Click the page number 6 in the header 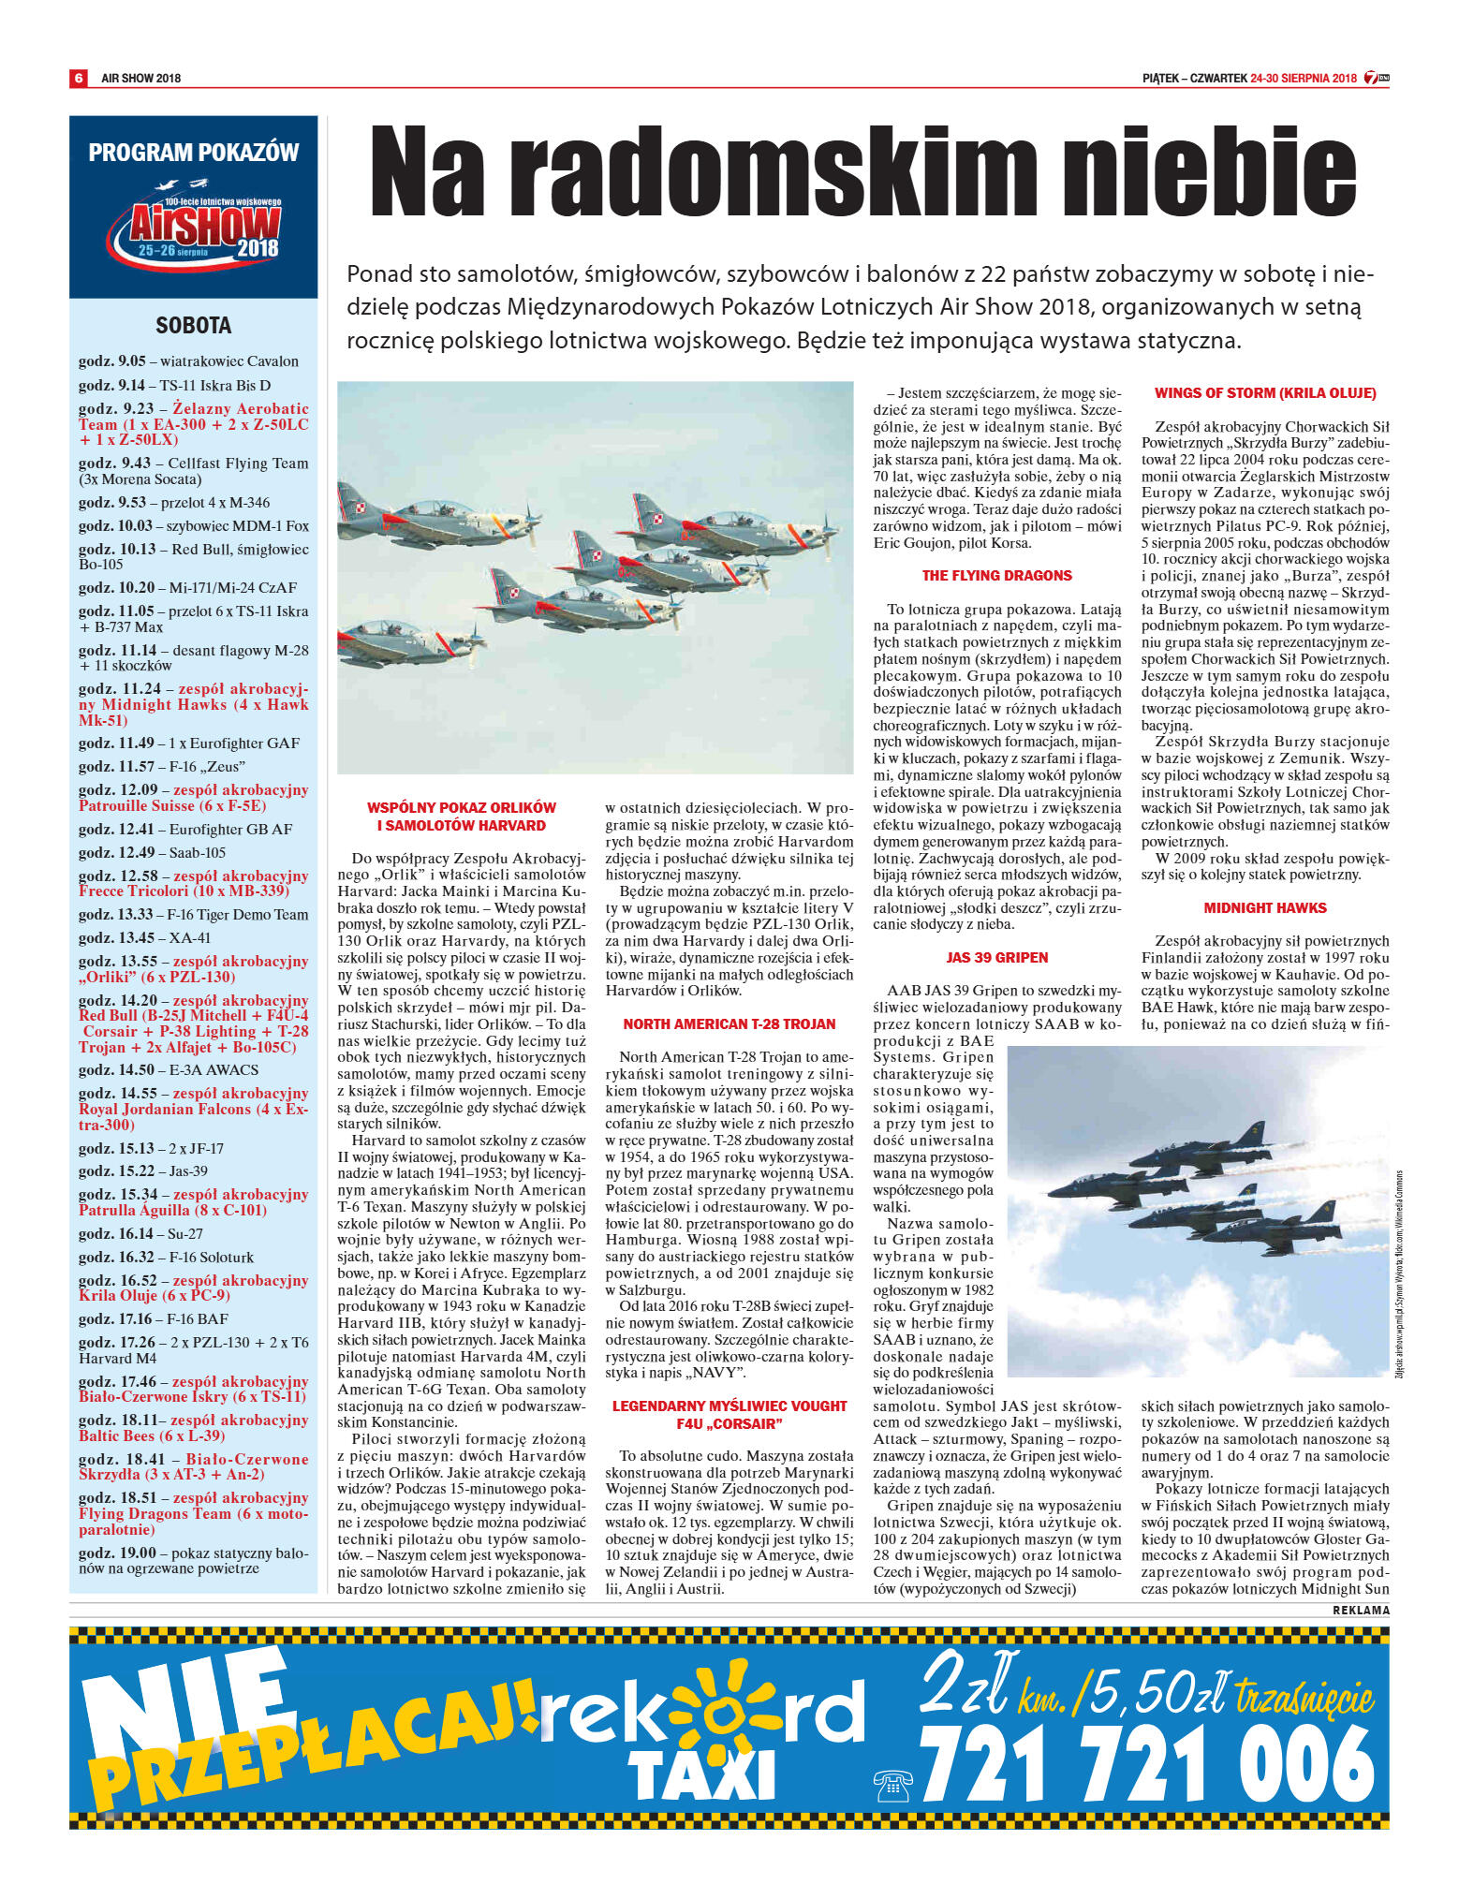pos(79,78)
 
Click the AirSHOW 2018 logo pos(194,226)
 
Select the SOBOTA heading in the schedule pos(193,326)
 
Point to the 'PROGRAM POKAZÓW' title pos(194,153)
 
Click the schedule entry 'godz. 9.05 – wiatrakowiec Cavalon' pos(188,361)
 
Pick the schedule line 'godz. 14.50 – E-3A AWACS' pos(169,1069)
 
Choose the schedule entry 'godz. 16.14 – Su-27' pos(140,1233)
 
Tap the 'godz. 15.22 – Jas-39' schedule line pos(143,1170)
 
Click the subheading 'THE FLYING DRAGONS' pos(996,576)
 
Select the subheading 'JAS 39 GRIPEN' pos(996,957)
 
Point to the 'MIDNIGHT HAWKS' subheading pos(1264,907)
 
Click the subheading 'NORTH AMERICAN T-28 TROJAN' pos(729,1023)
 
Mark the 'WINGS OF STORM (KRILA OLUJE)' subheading pos(1264,393)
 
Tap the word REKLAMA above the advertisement pos(1360,1610)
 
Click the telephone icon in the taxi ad pos(892,1785)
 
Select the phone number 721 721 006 pos(1146,1765)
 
